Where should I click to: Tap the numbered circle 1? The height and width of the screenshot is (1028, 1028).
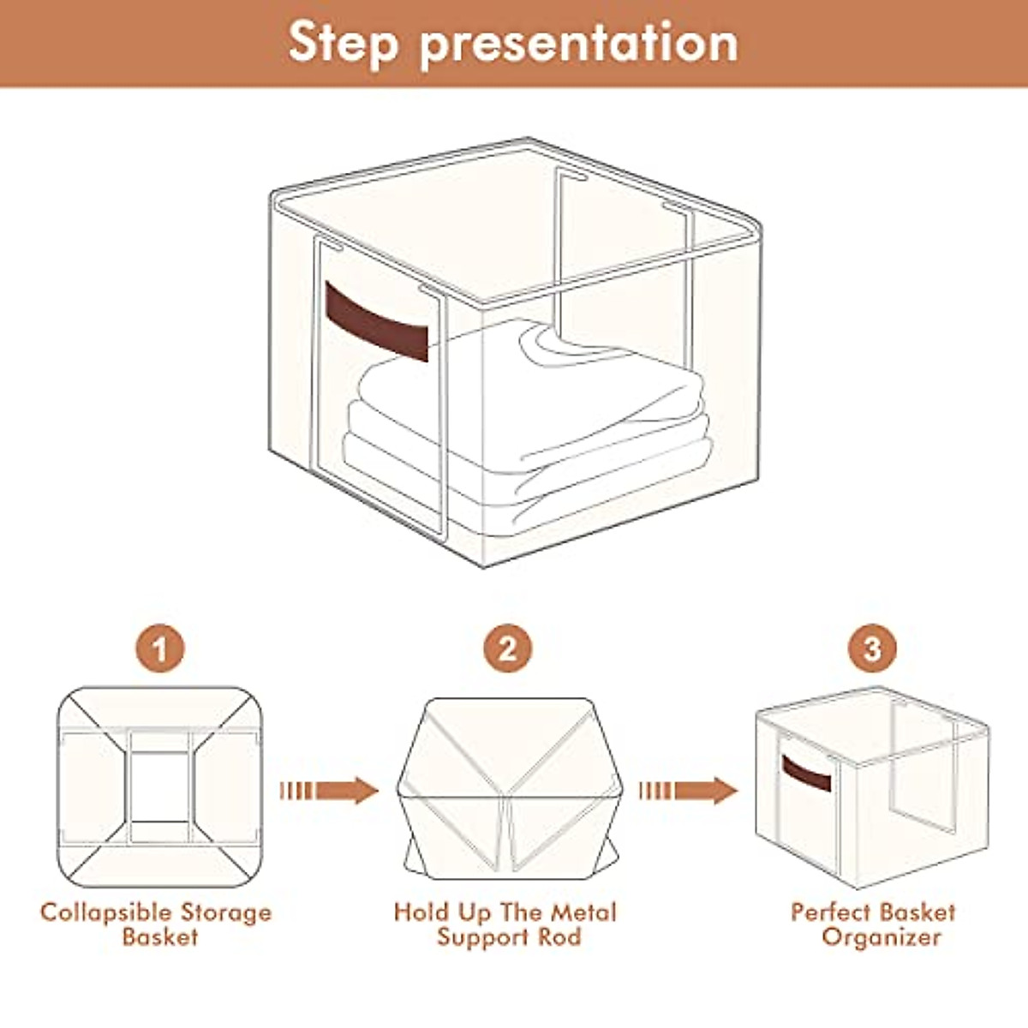(x=160, y=649)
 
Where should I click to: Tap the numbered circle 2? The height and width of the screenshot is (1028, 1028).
(x=508, y=649)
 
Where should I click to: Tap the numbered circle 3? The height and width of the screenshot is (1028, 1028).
(x=872, y=649)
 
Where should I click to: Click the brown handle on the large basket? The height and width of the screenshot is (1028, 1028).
(x=377, y=322)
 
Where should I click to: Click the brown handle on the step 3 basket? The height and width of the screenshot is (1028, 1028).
(x=806, y=773)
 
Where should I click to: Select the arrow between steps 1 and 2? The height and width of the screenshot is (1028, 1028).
(x=329, y=791)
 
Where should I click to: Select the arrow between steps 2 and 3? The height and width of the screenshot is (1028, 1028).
(x=689, y=791)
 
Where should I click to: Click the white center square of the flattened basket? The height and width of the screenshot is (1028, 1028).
(x=159, y=787)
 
